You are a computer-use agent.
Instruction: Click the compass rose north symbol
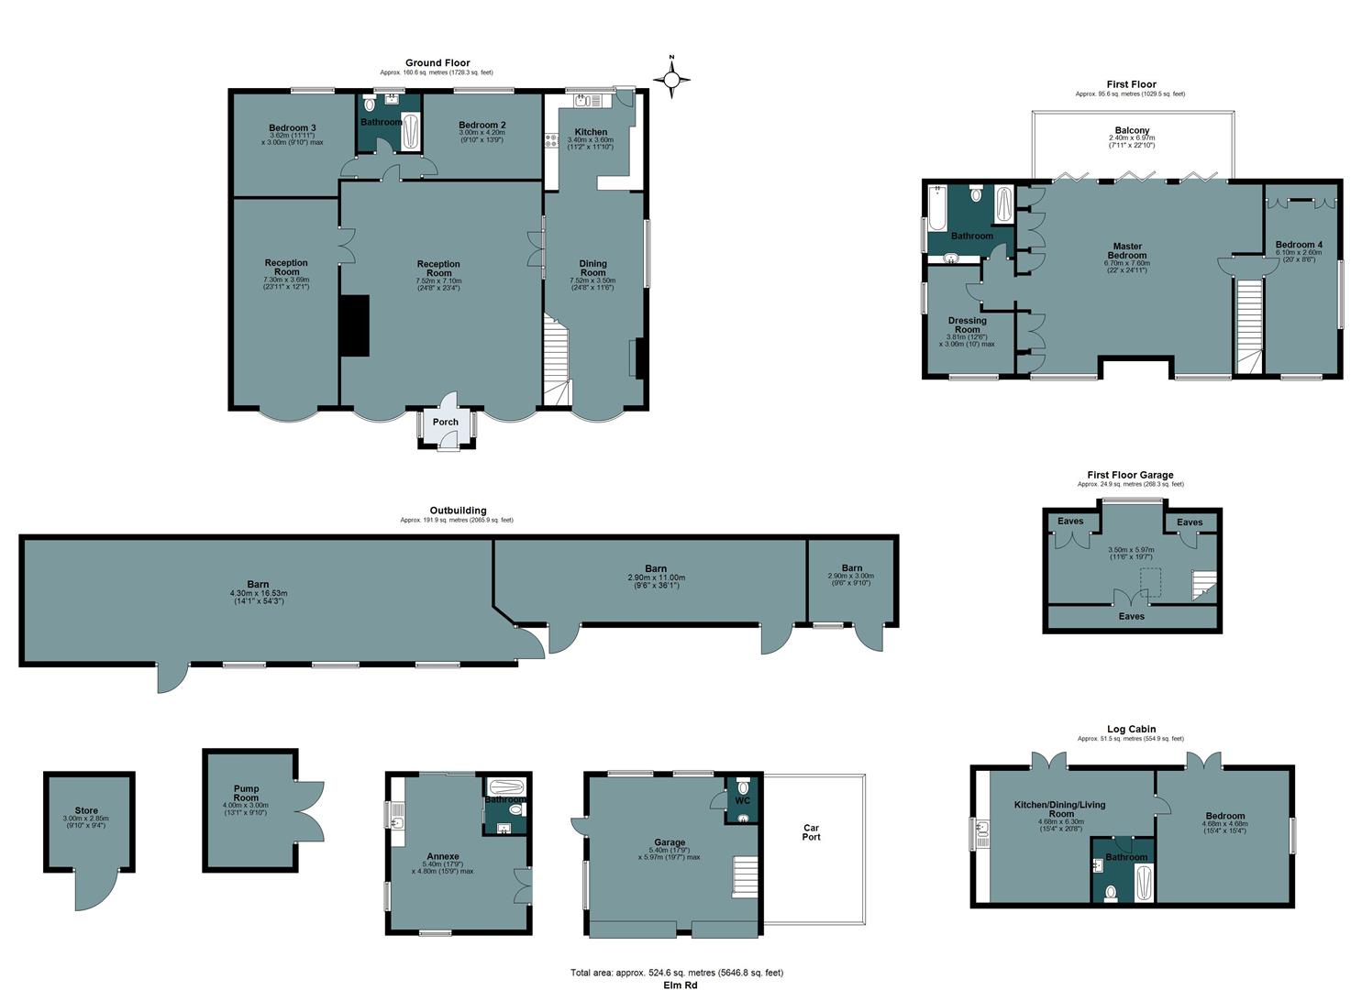click(x=671, y=80)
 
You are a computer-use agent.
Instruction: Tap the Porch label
click(x=445, y=423)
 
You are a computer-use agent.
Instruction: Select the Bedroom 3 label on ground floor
click(x=293, y=127)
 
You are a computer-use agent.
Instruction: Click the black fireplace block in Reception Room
click(x=354, y=325)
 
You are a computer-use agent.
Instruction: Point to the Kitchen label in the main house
click(x=591, y=132)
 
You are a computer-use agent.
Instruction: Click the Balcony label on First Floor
click(x=1132, y=131)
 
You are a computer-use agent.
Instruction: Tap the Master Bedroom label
click(x=1127, y=251)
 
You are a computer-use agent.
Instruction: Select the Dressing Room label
click(x=968, y=325)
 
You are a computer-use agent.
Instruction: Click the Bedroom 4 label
click(x=1299, y=245)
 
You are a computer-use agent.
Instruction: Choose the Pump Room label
click(x=246, y=793)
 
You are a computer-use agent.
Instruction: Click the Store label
click(x=86, y=810)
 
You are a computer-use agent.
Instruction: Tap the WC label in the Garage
click(x=742, y=800)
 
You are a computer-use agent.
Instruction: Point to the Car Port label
click(x=811, y=832)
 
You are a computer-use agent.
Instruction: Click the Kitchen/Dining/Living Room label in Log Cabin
click(x=1059, y=809)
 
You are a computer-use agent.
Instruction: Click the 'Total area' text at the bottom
click(x=677, y=973)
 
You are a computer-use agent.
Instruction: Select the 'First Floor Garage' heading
click(x=1130, y=475)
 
